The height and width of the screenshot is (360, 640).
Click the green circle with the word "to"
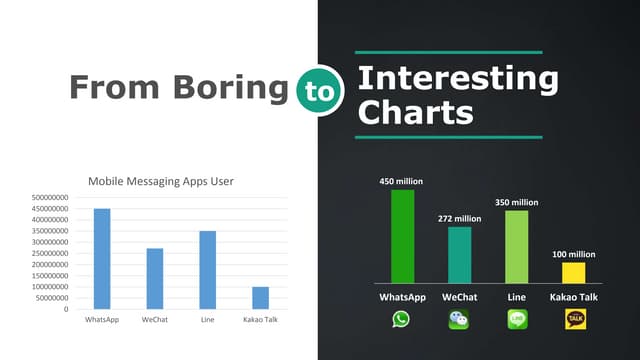(318, 89)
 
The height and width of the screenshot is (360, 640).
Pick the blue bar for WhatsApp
(102, 258)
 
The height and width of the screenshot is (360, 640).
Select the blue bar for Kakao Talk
(260, 298)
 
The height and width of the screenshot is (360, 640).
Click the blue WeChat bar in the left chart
(155, 278)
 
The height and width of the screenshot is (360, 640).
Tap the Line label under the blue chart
(207, 320)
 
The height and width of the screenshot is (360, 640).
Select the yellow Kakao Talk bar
(574, 272)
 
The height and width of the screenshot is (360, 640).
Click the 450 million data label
(401, 182)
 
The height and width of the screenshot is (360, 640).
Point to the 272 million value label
(459, 218)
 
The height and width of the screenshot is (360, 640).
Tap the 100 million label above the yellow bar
(574, 254)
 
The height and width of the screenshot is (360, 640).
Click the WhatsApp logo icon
(401, 319)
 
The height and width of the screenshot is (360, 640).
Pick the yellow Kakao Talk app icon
(575, 319)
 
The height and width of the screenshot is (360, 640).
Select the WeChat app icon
(459, 319)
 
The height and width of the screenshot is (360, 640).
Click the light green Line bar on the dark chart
(517, 246)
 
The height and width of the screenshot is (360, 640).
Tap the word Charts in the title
(415, 112)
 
